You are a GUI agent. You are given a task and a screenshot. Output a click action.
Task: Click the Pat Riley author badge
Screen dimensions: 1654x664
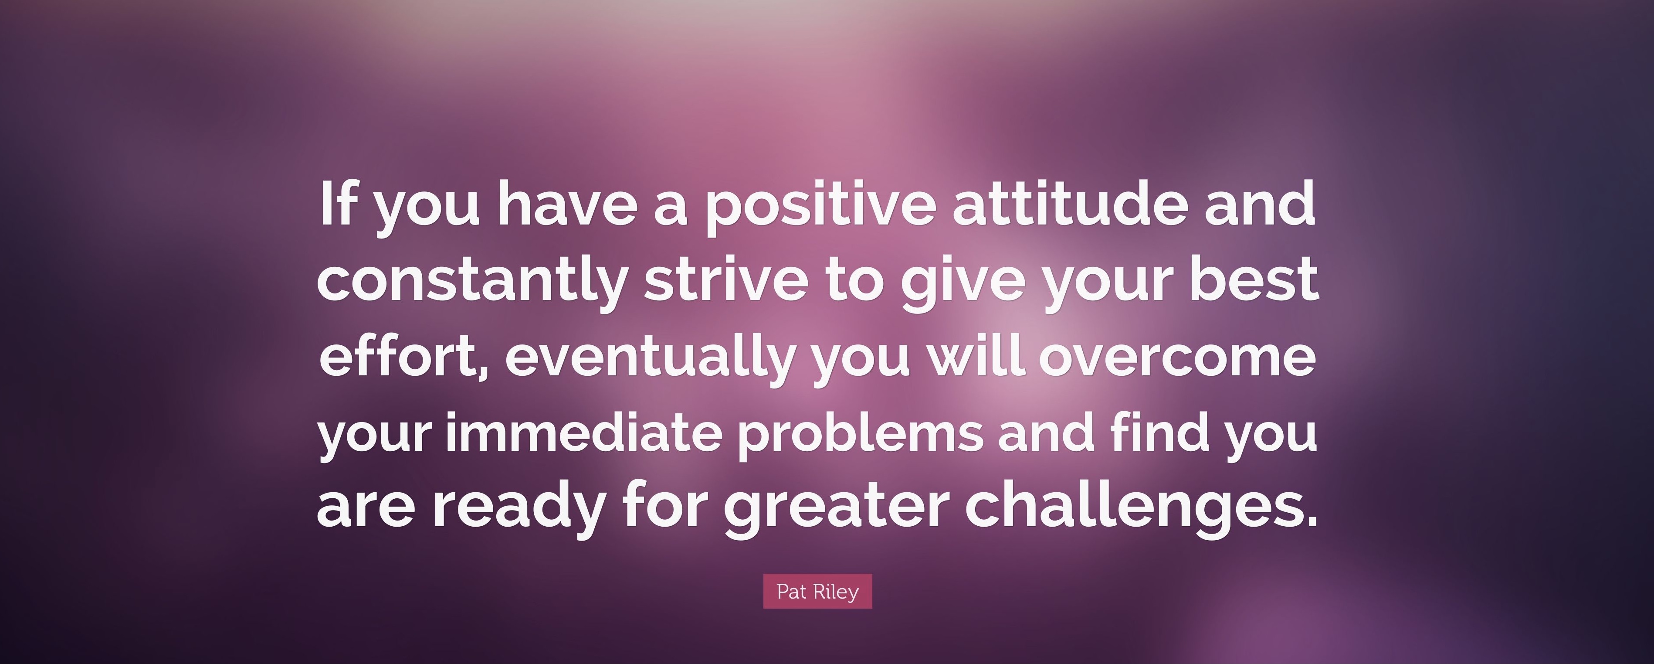coord(817,591)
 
